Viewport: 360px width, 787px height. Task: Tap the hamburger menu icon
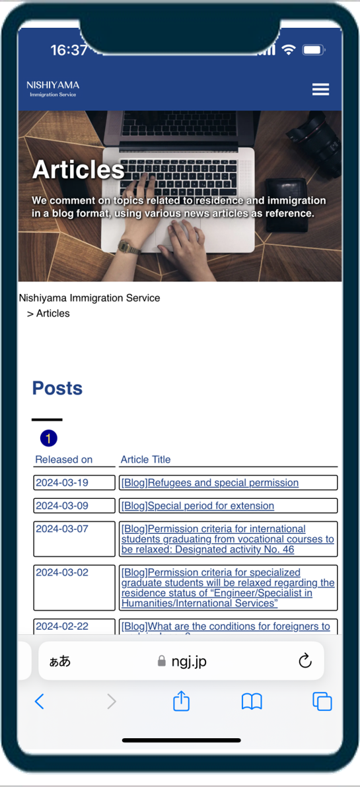(x=320, y=89)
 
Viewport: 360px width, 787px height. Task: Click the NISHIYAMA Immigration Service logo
(x=53, y=89)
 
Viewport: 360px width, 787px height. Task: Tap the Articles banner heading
(x=78, y=170)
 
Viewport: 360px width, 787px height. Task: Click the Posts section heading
(x=57, y=388)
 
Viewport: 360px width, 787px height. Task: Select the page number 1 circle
(x=49, y=438)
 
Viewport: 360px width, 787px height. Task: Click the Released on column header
(x=63, y=459)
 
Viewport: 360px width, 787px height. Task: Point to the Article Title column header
(x=145, y=459)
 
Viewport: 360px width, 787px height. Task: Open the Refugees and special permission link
(x=209, y=482)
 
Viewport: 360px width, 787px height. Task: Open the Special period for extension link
(x=198, y=506)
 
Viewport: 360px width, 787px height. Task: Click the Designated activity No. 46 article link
(x=227, y=539)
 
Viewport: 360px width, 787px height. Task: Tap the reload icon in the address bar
(x=305, y=661)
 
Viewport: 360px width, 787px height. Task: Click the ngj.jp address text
(x=189, y=661)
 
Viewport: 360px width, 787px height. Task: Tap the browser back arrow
(x=39, y=701)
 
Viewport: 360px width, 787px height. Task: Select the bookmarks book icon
(x=252, y=701)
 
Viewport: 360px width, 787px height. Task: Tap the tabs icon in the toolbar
(x=322, y=701)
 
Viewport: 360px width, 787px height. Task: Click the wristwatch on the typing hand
(x=129, y=247)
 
